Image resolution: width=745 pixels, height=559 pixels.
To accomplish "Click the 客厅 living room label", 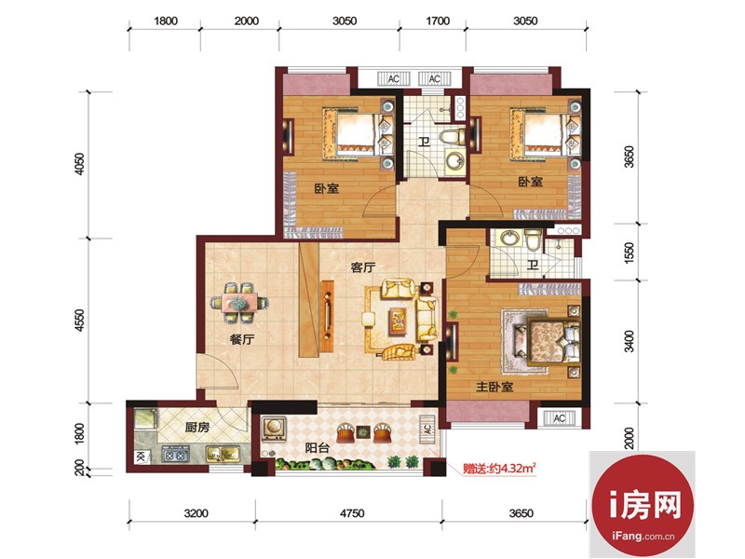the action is click(x=363, y=267).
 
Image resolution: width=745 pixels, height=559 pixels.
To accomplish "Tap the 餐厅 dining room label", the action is click(x=242, y=339).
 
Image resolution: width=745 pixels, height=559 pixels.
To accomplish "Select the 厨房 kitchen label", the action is click(x=197, y=428).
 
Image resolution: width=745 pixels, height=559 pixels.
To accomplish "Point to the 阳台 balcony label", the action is click(x=317, y=448).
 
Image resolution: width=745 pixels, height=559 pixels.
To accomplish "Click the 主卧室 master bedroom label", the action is click(x=494, y=387).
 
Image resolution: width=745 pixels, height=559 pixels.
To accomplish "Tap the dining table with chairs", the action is click(x=240, y=303).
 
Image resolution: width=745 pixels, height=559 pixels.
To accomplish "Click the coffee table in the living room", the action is click(x=399, y=319).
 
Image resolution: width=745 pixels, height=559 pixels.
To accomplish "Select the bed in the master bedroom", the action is click(x=554, y=341).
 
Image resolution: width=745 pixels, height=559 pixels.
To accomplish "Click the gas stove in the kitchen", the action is click(x=175, y=455).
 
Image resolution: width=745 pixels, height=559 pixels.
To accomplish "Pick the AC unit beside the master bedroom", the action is click(x=560, y=417).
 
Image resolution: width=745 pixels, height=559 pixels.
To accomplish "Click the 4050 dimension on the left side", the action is click(x=80, y=164).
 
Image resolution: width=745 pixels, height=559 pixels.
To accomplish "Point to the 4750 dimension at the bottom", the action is click(x=352, y=513).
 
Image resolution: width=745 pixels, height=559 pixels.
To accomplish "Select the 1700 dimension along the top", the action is click(x=438, y=20).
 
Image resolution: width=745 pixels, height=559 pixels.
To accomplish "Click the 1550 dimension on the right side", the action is click(x=629, y=252).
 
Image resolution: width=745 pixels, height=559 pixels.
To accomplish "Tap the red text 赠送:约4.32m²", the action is click(x=500, y=469).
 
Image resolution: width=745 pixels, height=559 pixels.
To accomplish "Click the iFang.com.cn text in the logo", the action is click(x=643, y=537).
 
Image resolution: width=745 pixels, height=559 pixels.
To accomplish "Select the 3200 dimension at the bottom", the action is click(x=196, y=513).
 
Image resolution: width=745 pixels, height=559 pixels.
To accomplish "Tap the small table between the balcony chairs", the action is click(x=362, y=432).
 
